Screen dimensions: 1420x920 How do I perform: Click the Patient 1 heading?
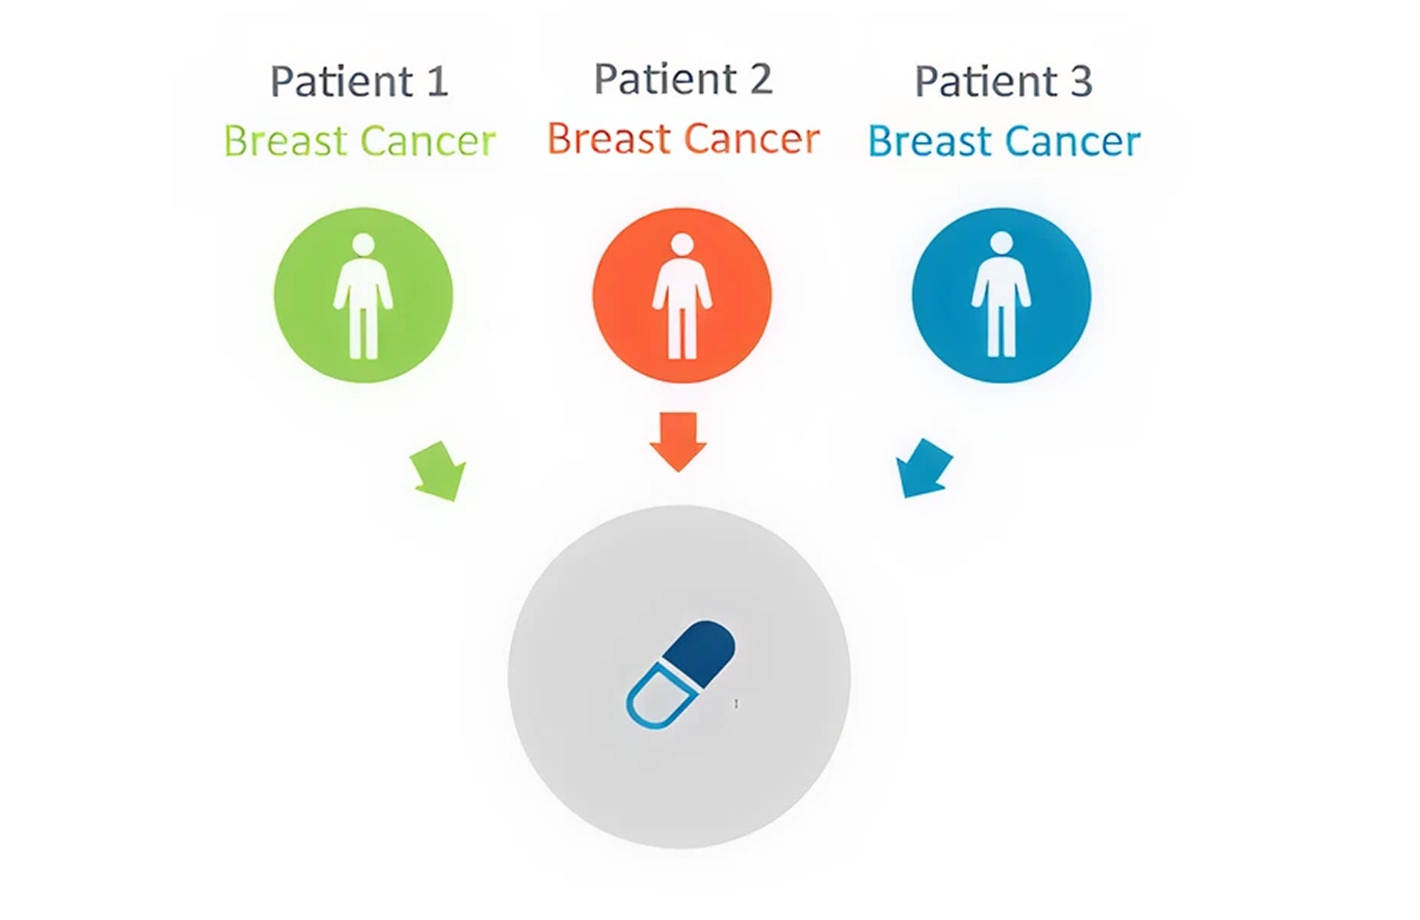pyautogui.click(x=359, y=81)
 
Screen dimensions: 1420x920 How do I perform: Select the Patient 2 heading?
pyautogui.click(x=683, y=79)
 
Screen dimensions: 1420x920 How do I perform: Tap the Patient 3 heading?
pyautogui.click(x=1004, y=81)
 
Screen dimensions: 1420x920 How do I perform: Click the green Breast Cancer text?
pyautogui.click(x=360, y=141)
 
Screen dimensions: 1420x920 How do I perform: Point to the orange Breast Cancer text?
pyautogui.click(x=683, y=139)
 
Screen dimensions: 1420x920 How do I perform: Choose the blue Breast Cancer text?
pyautogui.click(x=1004, y=141)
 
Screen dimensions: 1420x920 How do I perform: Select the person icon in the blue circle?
pyautogui.click(x=1001, y=296)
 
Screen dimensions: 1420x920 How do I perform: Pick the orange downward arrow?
pyautogui.click(x=678, y=442)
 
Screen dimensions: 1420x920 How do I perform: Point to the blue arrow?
pyautogui.click(x=923, y=468)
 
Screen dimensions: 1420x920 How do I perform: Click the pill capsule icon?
pyautogui.click(x=680, y=674)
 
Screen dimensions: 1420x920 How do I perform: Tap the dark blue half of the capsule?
pyautogui.click(x=700, y=653)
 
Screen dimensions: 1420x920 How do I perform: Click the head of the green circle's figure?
pyautogui.click(x=363, y=245)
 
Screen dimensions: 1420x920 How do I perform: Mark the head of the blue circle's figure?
pyautogui.click(x=1001, y=244)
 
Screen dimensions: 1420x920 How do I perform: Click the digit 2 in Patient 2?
pyautogui.click(x=761, y=80)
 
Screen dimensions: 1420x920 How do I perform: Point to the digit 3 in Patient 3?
pyautogui.click(x=1082, y=82)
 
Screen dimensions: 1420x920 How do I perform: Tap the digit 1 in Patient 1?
pyautogui.click(x=438, y=82)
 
